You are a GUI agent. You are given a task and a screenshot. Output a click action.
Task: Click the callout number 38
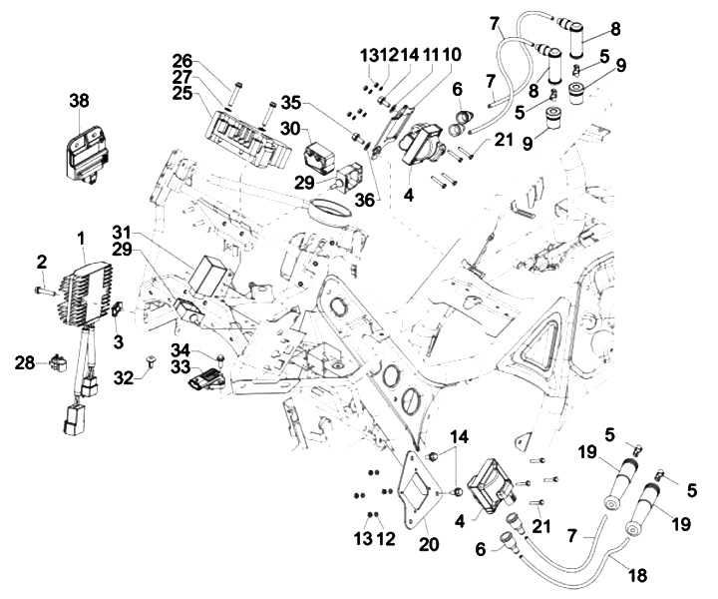pyautogui.click(x=80, y=100)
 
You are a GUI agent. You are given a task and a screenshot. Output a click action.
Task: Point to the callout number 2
pyautogui.click(x=42, y=262)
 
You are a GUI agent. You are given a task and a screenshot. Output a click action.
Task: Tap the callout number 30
pyautogui.click(x=289, y=129)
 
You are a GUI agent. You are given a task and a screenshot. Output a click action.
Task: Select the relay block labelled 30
pyautogui.click(x=322, y=157)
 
